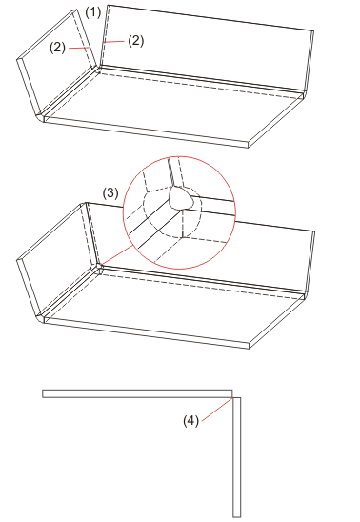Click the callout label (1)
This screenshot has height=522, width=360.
[92, 12]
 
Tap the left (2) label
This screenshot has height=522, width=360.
[57, 48]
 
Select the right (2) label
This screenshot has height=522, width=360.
[136, 41]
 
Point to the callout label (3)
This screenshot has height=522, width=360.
[110, 193]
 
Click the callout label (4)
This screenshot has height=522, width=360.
[191, 420]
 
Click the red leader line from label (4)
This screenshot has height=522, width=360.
[217, 409]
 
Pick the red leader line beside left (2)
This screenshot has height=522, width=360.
[79, 48]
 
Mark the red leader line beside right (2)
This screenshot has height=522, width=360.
[113, 42]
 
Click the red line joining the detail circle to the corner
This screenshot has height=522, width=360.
[117, 255]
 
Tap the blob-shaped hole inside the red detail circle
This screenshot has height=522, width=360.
[181, 198]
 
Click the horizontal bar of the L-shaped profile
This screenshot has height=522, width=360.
[137, 393]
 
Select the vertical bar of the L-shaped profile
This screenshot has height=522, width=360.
[236, 457]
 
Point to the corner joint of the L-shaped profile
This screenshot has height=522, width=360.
[232, 397]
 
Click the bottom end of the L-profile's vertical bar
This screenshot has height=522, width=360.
[236, 516]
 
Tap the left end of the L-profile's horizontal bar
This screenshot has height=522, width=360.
[43, 393]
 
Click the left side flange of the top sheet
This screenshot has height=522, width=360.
[56, 62]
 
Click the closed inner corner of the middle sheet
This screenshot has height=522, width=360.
[99, 267]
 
